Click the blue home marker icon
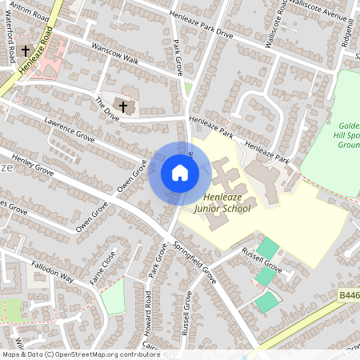pyautogui.click(x=179, y=173)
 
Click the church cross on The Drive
pyautogui.click(x=123, y=105)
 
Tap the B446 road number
pyautogui.click(x=349, y=295)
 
